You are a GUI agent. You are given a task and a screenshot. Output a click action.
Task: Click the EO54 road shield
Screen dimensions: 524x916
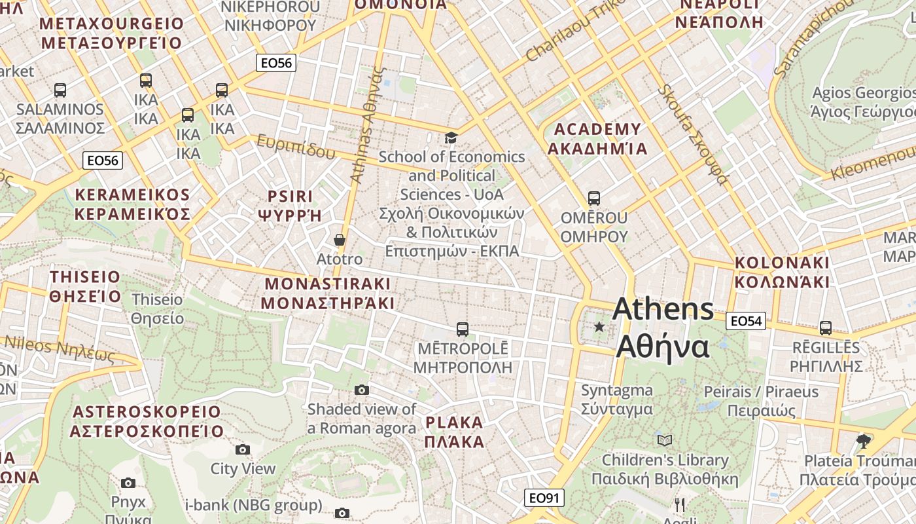click(x=746, y=321)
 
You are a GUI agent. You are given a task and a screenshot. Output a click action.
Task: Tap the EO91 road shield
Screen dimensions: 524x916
click(x=544, y=498)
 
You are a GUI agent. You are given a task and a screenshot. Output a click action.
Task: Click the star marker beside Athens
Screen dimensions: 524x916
click(x=599, y=326)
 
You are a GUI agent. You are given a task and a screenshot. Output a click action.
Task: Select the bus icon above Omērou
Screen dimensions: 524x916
click(x=594, y=198)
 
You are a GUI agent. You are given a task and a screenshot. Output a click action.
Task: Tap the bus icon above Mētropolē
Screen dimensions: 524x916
click(x=463, y=329)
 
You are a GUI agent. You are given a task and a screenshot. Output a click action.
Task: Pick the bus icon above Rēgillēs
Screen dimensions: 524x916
click(x=826, y=328)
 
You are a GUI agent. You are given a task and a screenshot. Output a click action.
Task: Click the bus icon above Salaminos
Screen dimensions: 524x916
click(x=60, y=90)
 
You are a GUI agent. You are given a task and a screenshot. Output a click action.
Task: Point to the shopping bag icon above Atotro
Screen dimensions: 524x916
click(x=340, y=240)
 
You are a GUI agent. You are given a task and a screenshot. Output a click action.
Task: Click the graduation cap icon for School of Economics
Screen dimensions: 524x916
click(x=451, y=138)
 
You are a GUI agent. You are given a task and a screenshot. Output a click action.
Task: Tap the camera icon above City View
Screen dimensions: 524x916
click(x=243, y=449)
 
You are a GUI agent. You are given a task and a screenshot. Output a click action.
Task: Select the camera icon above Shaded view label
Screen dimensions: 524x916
click(x=362, y=390)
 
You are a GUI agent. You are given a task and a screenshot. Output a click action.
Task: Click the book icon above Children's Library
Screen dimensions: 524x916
click(x=665, y=440)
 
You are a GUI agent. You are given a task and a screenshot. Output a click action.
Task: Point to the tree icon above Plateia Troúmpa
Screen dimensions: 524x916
click(x=864, y=441)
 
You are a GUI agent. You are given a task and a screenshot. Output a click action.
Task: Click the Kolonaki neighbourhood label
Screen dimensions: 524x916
click(x=782, y=272)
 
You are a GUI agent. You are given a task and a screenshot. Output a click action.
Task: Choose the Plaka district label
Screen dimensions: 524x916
click(x=454, y=432)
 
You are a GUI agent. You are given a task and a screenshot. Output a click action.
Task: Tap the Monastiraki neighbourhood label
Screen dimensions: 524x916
click(x=328, y=293)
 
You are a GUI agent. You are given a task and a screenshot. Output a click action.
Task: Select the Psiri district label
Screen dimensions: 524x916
click(x=291, y=205)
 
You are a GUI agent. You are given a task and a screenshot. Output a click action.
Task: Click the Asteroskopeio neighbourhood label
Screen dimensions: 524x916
click(x=147, y=421)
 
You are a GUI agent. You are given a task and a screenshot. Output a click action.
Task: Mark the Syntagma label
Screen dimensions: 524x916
click(x=617, y=400)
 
